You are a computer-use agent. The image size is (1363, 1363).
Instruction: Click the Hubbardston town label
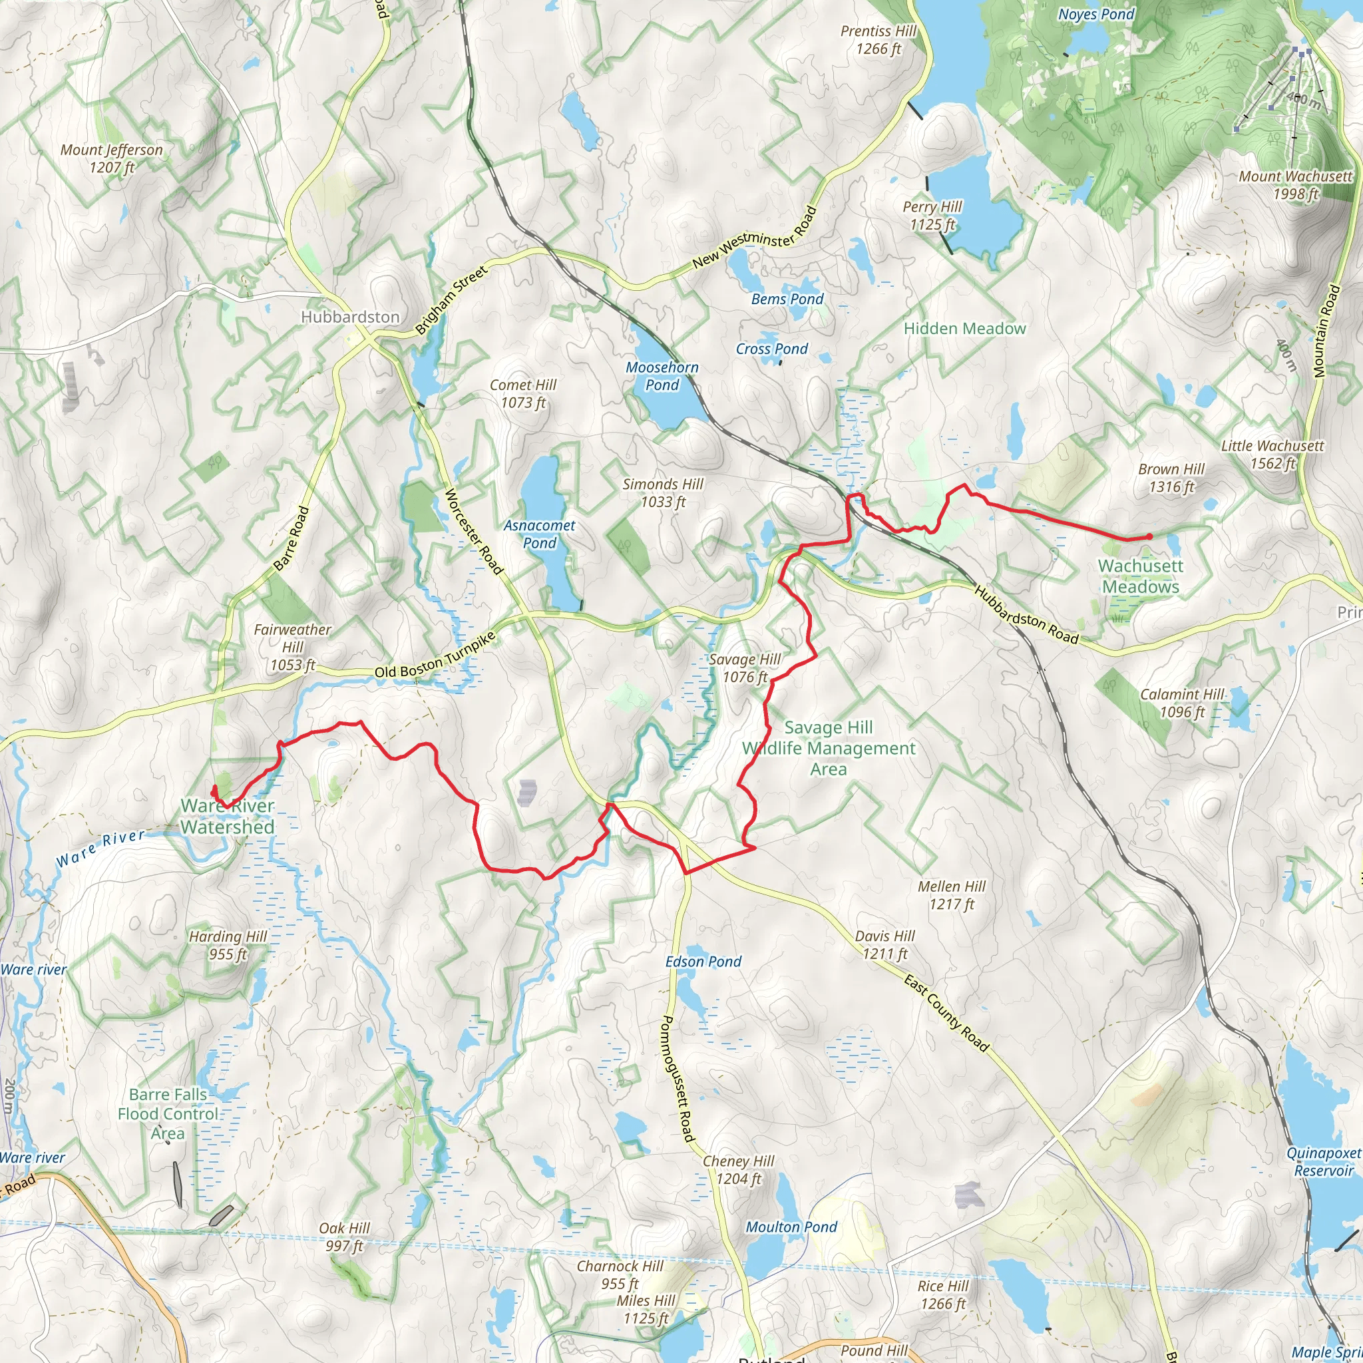click(x=350, y=317)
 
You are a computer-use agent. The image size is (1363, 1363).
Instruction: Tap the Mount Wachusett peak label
click(x=1295, y=185)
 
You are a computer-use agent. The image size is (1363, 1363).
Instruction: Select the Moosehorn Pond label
click(x=662, y=376)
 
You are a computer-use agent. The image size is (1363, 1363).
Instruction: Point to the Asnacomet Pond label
click(x=539, y=534)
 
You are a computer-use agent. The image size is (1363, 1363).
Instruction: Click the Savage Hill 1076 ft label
click(x=745, y=668)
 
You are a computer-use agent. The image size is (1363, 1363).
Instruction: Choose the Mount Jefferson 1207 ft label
click(x=111, y=159)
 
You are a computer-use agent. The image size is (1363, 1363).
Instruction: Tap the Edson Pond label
click(x=703, y=962)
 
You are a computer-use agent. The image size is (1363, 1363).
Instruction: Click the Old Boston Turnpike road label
click(x=435, y=657)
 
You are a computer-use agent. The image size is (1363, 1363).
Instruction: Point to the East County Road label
click(x=948, y=1013)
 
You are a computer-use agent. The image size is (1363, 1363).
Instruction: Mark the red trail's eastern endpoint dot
click(x=1149, y=537)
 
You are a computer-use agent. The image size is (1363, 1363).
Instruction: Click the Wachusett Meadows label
click(x=1141, y=576)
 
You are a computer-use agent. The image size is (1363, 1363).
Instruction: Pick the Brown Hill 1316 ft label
click(x=1171, y=479)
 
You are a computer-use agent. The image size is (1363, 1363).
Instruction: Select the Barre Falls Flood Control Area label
click(x=168, y=1114)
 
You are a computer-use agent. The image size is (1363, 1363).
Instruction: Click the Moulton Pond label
click(x=791, y=1227)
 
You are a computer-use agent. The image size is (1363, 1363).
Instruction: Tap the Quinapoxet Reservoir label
click(x=1323, y=1162)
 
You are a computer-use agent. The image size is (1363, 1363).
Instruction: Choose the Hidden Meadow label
click(x=964, y=329)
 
